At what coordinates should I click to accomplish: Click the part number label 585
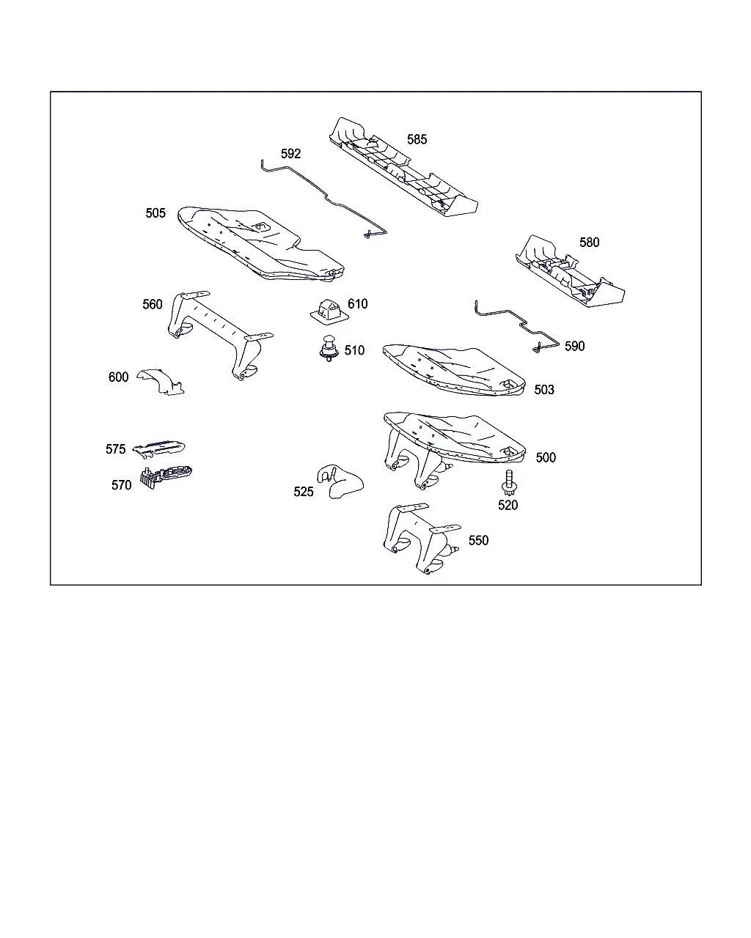click(417, 139)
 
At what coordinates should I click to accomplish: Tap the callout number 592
click(290, 153)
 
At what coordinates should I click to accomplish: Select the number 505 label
click(155, 213)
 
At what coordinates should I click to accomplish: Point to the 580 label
click(589, 243)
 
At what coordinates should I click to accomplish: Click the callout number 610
click(357, 304)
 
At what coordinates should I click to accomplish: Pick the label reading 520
click(508, 505)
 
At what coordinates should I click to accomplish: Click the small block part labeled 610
click(329, 311)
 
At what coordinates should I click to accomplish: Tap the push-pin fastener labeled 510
click(329, 348)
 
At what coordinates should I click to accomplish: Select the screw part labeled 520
click(508, 482)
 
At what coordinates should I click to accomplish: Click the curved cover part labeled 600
click(161, 380)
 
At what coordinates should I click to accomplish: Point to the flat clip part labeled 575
click(159, 448)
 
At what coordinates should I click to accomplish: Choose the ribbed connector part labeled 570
click(166, 476)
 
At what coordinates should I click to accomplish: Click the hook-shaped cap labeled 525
click(340, 481)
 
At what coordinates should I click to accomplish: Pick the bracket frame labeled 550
click(421, 539)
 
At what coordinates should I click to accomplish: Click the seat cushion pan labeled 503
click(454, 370)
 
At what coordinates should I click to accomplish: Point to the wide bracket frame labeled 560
click(220, 336)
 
